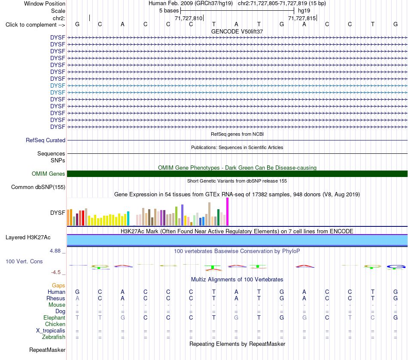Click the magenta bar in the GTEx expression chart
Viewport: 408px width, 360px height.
click(228, 212)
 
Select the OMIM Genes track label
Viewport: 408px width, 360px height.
click(49, 174)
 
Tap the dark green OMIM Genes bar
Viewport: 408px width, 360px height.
click(237, 174)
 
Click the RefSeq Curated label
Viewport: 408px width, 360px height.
click(46, 140)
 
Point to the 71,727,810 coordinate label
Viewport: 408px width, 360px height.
click(189, 18)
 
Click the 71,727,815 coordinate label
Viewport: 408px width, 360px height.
click(302, 18)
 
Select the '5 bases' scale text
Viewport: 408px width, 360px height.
click(169, 11)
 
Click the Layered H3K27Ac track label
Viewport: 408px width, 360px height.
click(28, 238)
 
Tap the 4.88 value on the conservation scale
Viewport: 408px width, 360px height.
click(55, 251)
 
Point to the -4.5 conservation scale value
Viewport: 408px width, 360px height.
click(56, 272)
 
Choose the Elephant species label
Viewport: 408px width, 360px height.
click(55, 318)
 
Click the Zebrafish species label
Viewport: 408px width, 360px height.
click(54, 337)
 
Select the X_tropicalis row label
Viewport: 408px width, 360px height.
click(51, 331)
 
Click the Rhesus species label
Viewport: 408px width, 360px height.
click(56, 298)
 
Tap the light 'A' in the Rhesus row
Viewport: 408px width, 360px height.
click(77, 298)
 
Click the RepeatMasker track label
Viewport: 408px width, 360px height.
click(47, 350)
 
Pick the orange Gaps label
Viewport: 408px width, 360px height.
click(58, 286)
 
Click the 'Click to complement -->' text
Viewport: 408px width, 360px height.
click(35, 25)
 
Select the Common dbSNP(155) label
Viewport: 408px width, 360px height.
click(38, 187)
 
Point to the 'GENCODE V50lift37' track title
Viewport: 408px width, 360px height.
click(237, 31)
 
